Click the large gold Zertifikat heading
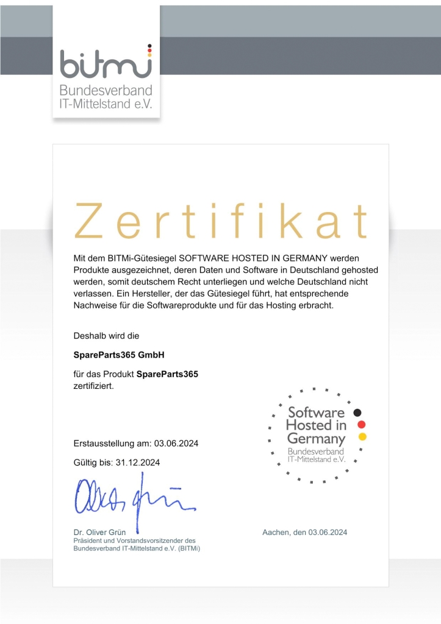221,221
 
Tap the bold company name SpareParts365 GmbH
120,355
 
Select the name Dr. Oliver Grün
99,533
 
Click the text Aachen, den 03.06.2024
305,533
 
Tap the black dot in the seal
358,412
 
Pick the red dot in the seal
361,424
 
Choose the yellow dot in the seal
362,436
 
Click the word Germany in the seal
316,439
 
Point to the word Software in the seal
316,412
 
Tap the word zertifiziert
93,386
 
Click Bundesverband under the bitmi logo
106,91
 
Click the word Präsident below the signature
89,541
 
